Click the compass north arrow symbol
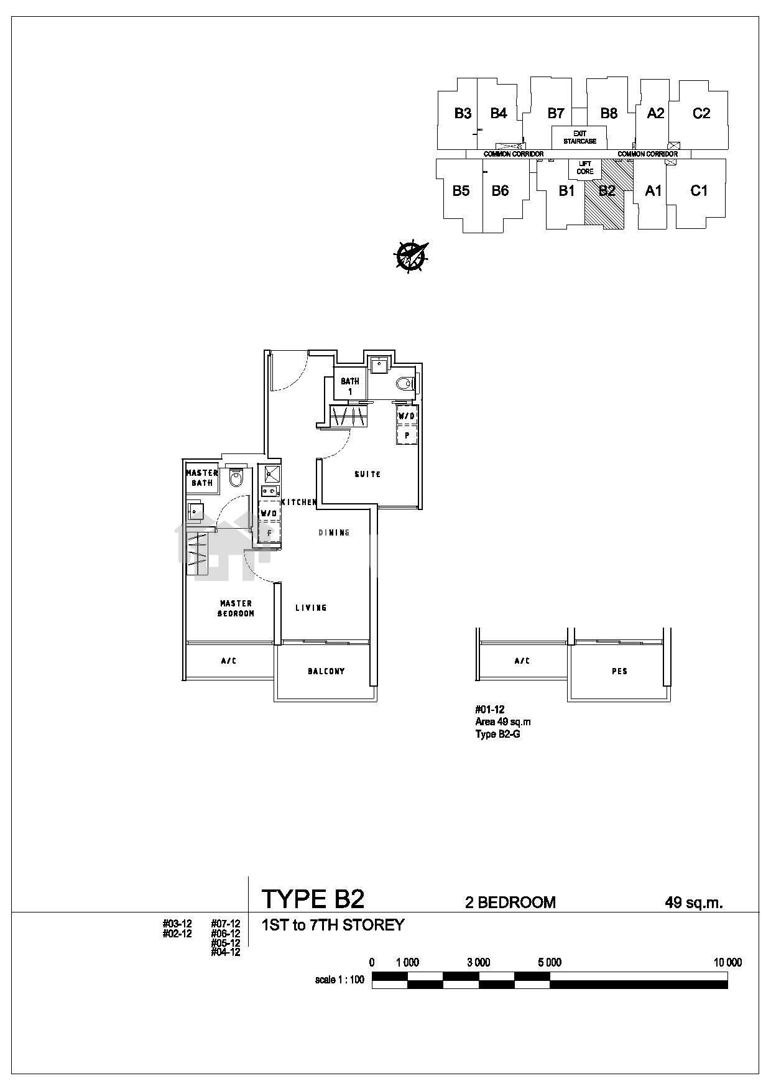pos(410,256)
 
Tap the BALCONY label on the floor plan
pos(326,671)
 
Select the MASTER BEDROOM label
pos(236,608)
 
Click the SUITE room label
pos(367,474)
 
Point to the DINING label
pos(334,532)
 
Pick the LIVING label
pos(311,608)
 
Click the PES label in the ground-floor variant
pos(619,671)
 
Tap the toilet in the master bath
pos(236,478)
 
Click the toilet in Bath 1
pos(405,384)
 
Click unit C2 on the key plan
pos(701,113)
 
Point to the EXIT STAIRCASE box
pos(579,137)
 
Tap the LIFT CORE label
pos(585,168)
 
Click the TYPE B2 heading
pos(313,899)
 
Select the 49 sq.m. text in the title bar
pos(694,903)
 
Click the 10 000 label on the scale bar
pos(727,963)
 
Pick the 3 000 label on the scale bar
pos(478,963)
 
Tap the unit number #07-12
pos(225,924)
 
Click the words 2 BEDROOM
pos(510,903)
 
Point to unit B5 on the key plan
pos(461,191)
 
